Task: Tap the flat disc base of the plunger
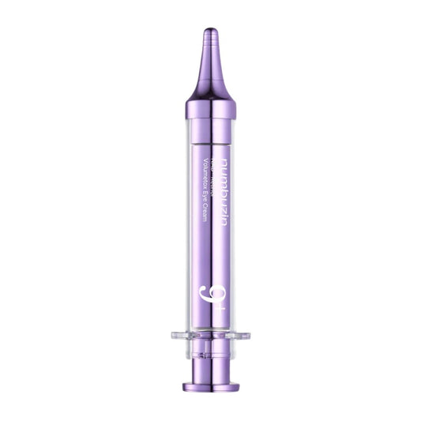click(x=210, y=386)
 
